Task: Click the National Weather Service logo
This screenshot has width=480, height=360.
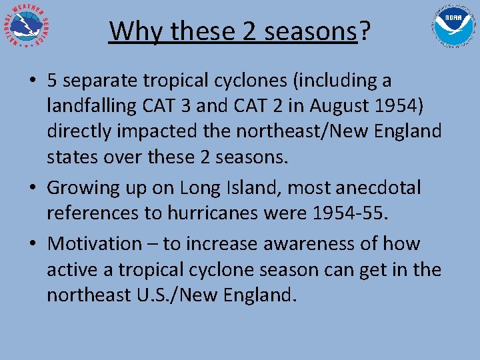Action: pyautogui.click(x=27, y=27)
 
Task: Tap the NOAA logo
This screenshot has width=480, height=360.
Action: pyautogui.click(x=454, y=27)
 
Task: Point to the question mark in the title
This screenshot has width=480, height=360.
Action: pyautogui.click(x=365, y=31)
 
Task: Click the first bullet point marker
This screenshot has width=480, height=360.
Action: pyautogui.click(x=32, y=81)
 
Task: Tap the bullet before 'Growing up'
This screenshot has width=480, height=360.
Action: pyautogui.click(x=32, y=189)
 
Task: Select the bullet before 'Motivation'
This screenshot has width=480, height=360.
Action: pyautogui.click(x=32, y=243)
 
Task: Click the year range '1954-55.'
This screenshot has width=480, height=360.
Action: pyautogui.click(x=365, y=214)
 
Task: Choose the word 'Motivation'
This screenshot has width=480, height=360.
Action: pyautogui.click(x=94, y=243)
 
